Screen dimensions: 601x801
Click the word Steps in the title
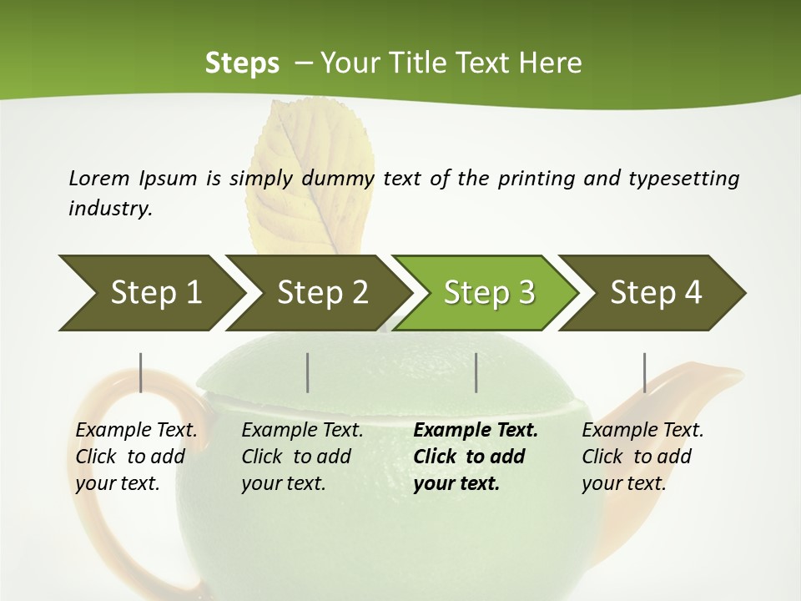[242, 63]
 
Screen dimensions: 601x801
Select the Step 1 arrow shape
[150, 293]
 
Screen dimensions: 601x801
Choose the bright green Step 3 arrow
[488, 293]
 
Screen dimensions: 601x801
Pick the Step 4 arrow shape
[655, 293]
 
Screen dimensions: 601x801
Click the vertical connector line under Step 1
[141, 372]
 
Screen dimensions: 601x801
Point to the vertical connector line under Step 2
[308, 372]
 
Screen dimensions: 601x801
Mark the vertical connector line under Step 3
[476, 372]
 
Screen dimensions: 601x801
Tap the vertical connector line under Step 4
[644, 372]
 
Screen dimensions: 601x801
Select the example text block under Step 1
[136, 457]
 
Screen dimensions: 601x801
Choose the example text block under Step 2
[302, 457]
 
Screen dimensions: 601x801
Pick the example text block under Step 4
[642, 457]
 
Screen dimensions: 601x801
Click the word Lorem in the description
[99, 179]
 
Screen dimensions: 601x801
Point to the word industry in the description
[110, 209]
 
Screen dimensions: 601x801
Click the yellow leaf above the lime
[305, 171]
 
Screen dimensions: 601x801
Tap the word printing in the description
[537, 179]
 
